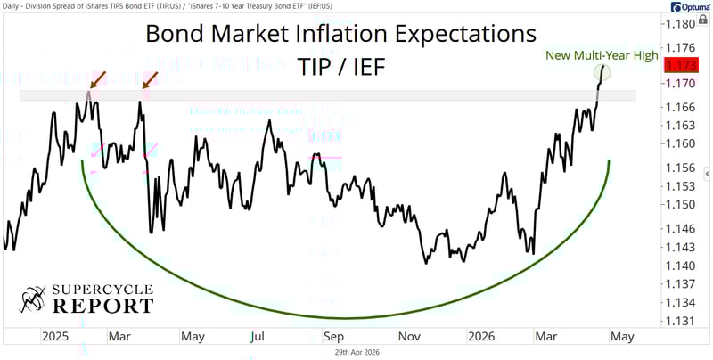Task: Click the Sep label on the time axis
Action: coord(334,338)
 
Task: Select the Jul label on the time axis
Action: coord(258,338)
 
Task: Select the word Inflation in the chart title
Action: coord(349,35)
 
